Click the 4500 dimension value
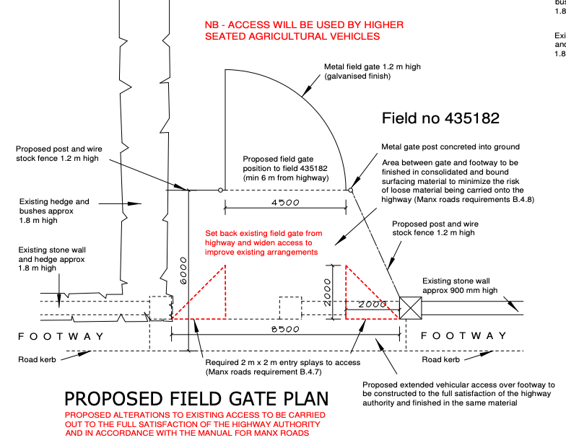285,203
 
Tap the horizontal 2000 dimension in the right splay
373,305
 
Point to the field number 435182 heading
440,118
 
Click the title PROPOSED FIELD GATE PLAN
196,399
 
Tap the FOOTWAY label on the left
61,336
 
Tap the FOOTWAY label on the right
463,336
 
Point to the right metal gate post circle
351,190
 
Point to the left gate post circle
220,190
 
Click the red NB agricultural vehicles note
304,30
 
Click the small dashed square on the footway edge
290,307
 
